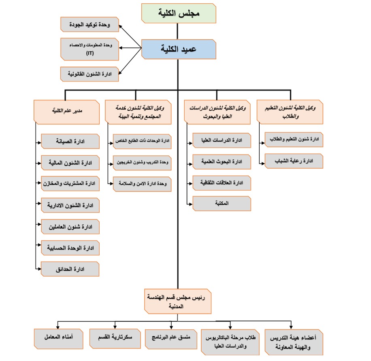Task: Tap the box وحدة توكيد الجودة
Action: [90, 24]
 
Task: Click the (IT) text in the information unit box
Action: [90, 54]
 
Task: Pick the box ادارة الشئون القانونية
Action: [90, 74]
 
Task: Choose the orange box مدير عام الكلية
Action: [66, 111]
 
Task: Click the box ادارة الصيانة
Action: [70, 141]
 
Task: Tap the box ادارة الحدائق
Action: [70, 269]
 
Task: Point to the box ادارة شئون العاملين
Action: [70, 226]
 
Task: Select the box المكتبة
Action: [222, 203]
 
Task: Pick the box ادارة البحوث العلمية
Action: [222, 162]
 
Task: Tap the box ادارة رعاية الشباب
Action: [294, 161]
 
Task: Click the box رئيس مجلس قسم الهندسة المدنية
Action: [178, 301]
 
